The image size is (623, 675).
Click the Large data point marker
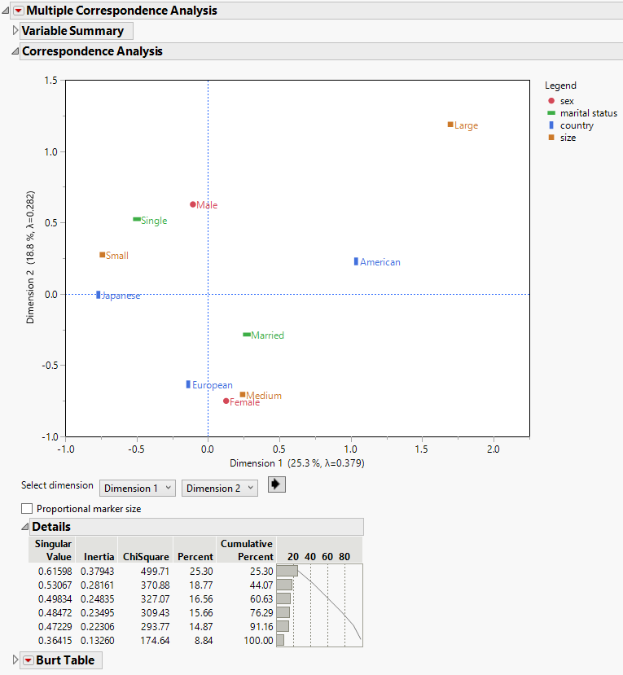[450, 125]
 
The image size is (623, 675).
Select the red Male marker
[193, 204]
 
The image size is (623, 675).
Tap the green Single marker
[137, 219]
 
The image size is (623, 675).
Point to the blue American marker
[356, 261]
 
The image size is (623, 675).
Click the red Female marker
[226, 401]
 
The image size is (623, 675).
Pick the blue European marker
[188, 384]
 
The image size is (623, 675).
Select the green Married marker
[247, 335]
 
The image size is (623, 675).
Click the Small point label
[117, 256]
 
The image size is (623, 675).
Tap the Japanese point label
[121, 296]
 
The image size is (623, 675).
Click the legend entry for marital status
[588, 113]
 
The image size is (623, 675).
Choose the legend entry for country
[577, 125]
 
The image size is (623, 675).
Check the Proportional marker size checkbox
[27, 509]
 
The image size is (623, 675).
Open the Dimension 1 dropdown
[138, 488]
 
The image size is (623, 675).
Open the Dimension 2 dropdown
[219, 488]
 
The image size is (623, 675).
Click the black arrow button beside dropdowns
[277, 484]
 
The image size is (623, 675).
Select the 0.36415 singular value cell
[55, 640]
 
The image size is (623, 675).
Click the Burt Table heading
[65, 660]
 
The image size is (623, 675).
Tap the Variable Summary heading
[72, 31]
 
